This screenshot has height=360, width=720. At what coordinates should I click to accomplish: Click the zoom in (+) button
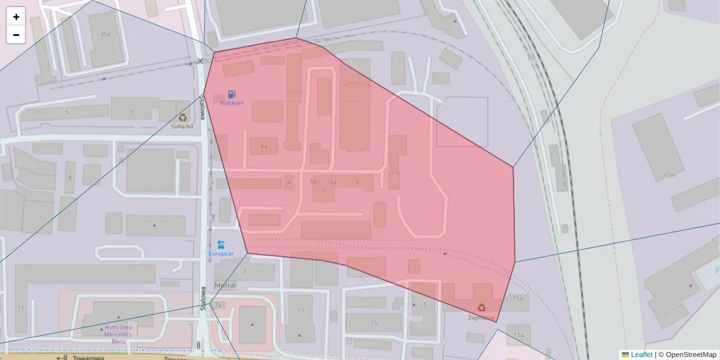coord(16,17)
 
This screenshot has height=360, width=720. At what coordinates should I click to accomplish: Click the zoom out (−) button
coord(16,35)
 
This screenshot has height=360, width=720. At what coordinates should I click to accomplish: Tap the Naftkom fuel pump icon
coord(232,94)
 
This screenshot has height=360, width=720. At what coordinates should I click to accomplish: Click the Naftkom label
coord(232,103)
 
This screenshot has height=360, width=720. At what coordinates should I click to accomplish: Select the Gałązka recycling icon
coord(182,118)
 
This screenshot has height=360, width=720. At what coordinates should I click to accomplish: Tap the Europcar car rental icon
coord(221,244)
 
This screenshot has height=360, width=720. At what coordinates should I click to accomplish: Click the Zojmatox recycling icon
coord(481,308)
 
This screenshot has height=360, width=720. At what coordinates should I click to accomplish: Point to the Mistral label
coord(224,286)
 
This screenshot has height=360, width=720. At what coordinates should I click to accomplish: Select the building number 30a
coord(105,35)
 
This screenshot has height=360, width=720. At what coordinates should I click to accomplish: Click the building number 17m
coord(670,176)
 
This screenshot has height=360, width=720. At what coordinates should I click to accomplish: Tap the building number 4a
coord(263,146)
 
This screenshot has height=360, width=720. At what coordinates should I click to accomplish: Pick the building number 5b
coord(313,182)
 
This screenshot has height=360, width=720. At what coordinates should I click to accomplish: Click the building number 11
coord(21,308)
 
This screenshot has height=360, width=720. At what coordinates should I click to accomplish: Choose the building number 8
coord(70,178)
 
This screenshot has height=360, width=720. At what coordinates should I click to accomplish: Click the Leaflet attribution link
coord(641,355)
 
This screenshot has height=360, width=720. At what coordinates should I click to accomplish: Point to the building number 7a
coord(218,305)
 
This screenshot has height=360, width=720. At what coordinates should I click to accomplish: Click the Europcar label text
coord(221,254)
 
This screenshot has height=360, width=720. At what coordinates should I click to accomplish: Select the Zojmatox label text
coord(481,317)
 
